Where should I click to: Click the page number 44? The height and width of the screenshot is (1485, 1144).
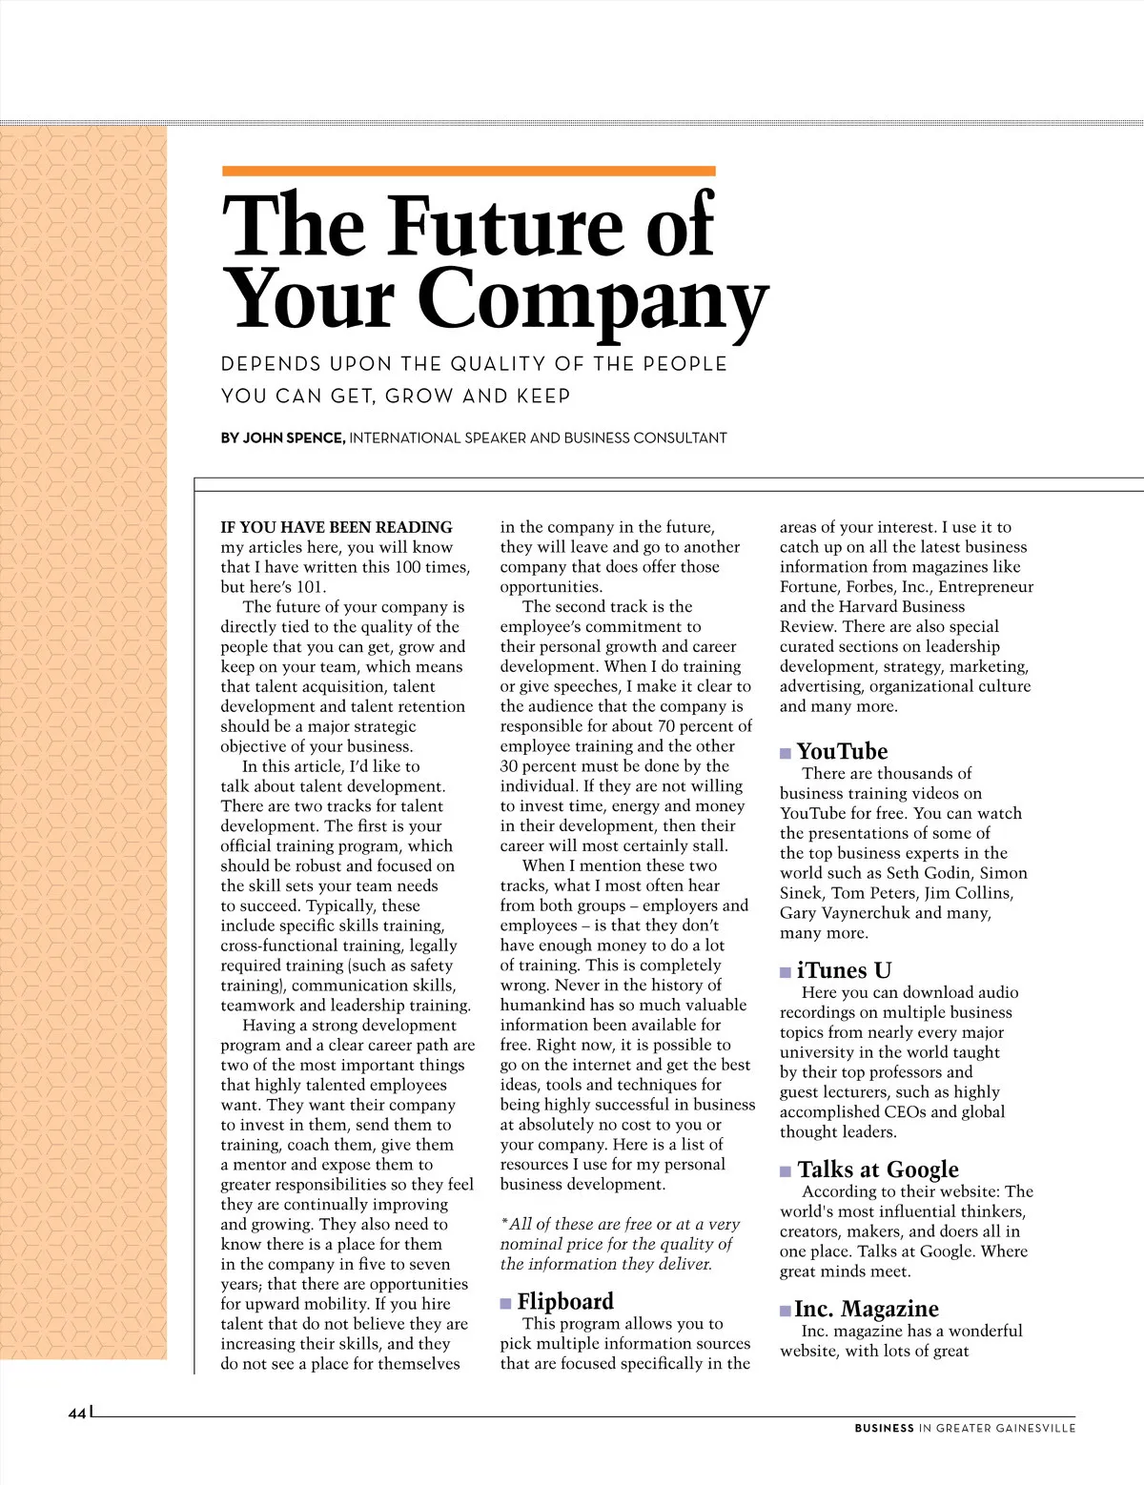(x=76, y=1413)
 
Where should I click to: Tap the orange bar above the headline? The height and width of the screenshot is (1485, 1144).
(x=468, y=172)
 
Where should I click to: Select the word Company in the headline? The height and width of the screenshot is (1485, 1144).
(x=592, y=300)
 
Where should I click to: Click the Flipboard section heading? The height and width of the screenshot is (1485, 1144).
(x=565, y=1301)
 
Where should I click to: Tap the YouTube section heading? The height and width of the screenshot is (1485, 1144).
(x=842, y=751)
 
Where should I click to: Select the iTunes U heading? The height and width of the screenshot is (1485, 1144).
(x=844, y=970)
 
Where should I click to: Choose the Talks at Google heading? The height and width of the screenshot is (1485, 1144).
(x=878, y=1170)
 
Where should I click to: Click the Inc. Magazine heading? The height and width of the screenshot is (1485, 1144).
(x=867, y=1309)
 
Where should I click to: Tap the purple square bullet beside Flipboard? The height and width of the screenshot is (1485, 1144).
(x=506, y=1303)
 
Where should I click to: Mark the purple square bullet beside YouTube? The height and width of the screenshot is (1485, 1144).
(x=786, y=753)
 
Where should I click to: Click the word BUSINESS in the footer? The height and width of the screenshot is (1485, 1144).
(x=884, y=1428)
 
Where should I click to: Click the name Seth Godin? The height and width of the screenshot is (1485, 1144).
(x=951, y=873)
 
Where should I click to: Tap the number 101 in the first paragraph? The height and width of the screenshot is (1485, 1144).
(x=309, y=587)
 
